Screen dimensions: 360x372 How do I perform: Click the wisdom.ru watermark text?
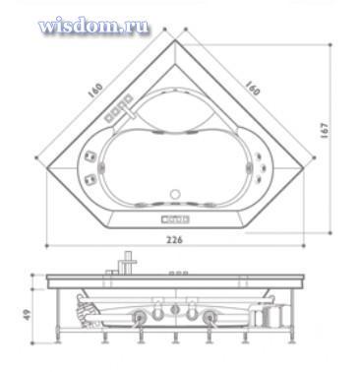(x=93, y=25)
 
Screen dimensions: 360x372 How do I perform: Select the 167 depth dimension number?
(x=325, y=130)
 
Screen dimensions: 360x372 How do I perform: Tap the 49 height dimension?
(x=30, y=315)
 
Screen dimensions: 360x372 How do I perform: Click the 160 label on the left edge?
(x=95, y=91)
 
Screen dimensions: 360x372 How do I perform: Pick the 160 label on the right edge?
(x=253, y=88)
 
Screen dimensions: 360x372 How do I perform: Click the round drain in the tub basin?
(x=175, y=194)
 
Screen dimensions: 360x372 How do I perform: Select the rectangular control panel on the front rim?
(x=175, y=218)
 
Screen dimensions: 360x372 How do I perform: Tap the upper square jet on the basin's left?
(x=90, y=156)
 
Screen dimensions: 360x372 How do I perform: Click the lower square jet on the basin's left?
(x=90, y=179)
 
